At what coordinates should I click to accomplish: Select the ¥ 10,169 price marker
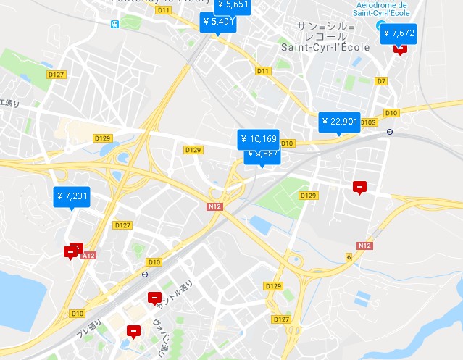258,138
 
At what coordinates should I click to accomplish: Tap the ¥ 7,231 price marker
72,196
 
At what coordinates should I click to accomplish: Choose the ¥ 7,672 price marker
399,33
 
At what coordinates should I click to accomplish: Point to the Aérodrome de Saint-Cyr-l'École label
382,9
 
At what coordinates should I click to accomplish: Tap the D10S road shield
369,122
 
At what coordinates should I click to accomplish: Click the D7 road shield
381,81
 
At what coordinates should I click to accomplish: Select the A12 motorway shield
88,256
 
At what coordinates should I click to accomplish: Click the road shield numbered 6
349,257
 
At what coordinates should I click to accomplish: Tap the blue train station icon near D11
114,23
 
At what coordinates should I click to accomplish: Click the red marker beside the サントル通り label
154,297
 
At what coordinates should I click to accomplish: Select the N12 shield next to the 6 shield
364,246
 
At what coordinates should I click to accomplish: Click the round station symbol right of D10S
390,132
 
